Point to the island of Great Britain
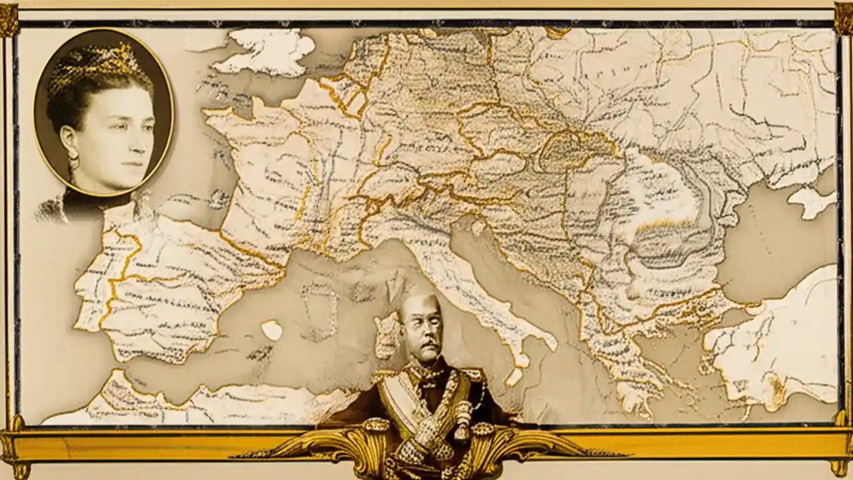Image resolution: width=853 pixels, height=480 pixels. (267, 50)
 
